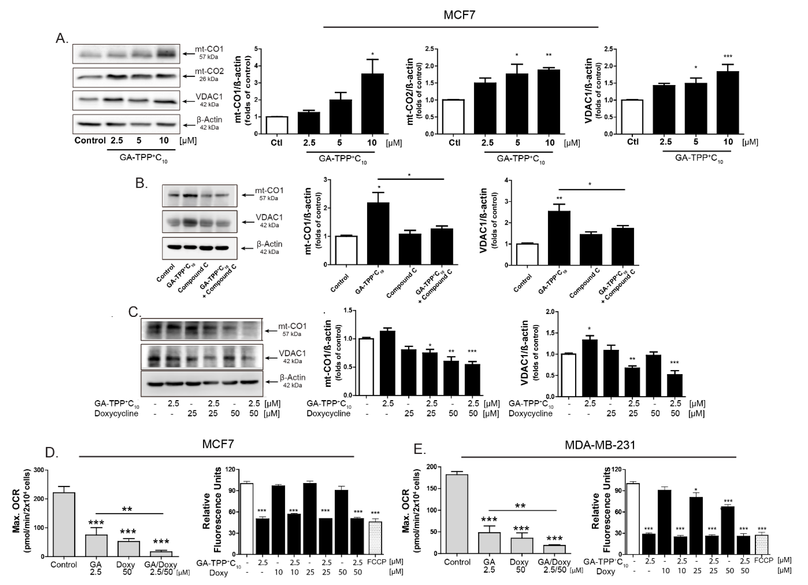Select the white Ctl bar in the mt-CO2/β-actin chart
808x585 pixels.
[454, 117]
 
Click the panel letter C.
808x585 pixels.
[134, 312]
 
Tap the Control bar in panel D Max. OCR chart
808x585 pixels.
[64, 524]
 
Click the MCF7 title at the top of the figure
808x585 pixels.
[459, 15]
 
